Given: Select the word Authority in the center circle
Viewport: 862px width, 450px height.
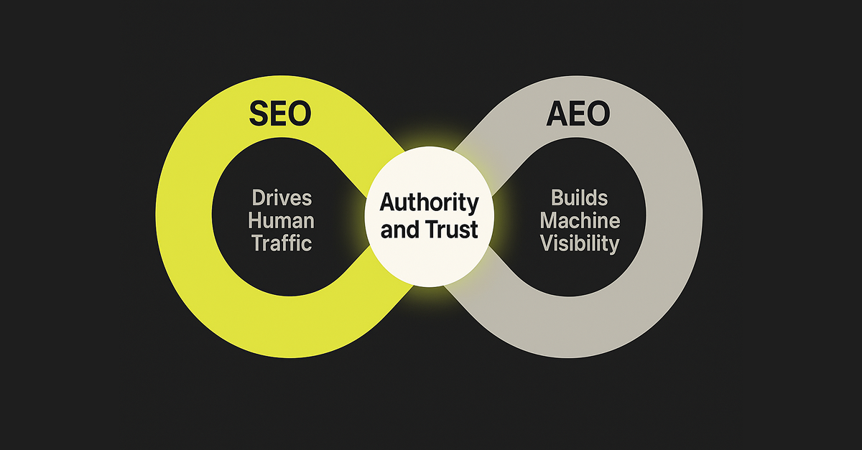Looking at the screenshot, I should coord(429,203).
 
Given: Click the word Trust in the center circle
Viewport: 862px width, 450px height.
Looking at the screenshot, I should coord(453,230).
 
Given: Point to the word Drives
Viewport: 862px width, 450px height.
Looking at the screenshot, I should coord(282,198).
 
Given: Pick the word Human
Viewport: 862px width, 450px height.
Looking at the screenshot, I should coord(282,220).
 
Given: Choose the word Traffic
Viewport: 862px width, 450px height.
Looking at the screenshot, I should coord(282,243).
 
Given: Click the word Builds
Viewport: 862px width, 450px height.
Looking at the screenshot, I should coord(580,198).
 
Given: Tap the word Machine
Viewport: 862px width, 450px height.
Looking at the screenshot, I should coord(580,220).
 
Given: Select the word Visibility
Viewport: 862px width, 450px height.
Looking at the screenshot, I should coord(580,243).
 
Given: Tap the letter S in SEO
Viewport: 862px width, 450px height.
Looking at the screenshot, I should coord(259,113).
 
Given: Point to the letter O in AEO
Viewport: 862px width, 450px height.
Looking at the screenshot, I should coord(600,113).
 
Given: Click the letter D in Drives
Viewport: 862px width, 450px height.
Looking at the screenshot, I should coord(257,198).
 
